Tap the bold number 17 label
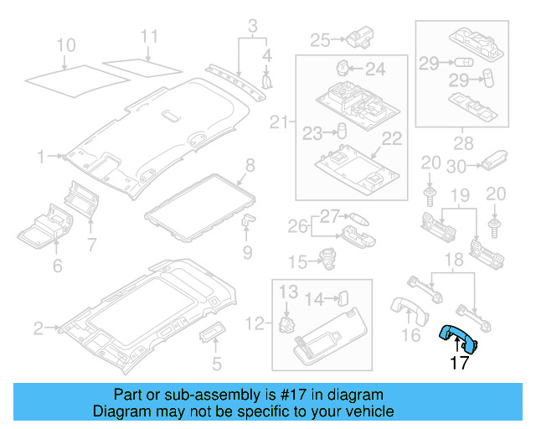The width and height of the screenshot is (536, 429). tap(459, 363)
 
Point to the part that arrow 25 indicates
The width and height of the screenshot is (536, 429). tap(361, 39)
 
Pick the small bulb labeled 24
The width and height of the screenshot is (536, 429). tap(343, 68)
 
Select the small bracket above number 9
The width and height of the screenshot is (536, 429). tap(248, 220)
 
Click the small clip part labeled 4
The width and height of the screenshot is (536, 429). tap(269, 80)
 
